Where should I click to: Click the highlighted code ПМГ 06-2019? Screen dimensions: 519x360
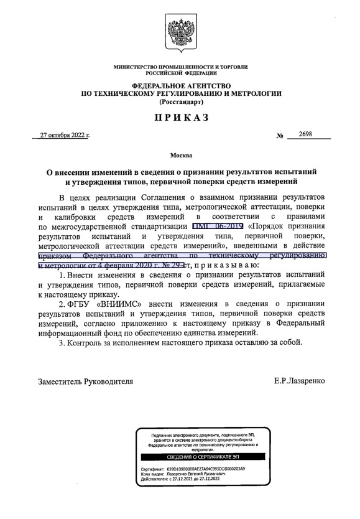[x=217, y=226]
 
